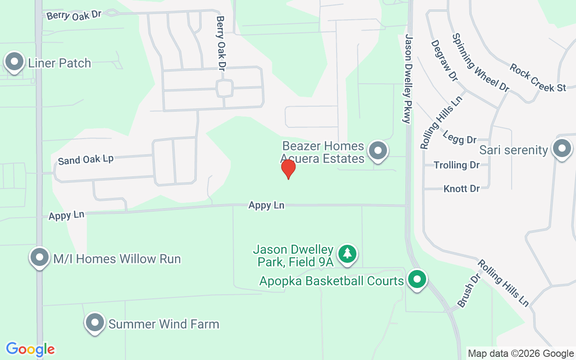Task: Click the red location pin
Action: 288,169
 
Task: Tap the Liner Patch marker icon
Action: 14,62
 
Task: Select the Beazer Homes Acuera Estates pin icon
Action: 378,151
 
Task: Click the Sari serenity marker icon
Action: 561,148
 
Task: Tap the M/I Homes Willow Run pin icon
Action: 40,258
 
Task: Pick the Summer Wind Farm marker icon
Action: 95,323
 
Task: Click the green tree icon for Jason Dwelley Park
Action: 347,254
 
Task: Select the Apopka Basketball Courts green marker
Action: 417,279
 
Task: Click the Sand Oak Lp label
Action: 85,159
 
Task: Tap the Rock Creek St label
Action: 538,77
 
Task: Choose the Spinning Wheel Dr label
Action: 480,62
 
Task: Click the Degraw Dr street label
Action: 444,60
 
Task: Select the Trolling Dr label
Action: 457,165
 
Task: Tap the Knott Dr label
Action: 462,189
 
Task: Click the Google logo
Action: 30,349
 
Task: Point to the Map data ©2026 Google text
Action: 521,354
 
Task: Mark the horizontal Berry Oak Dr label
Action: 74,15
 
